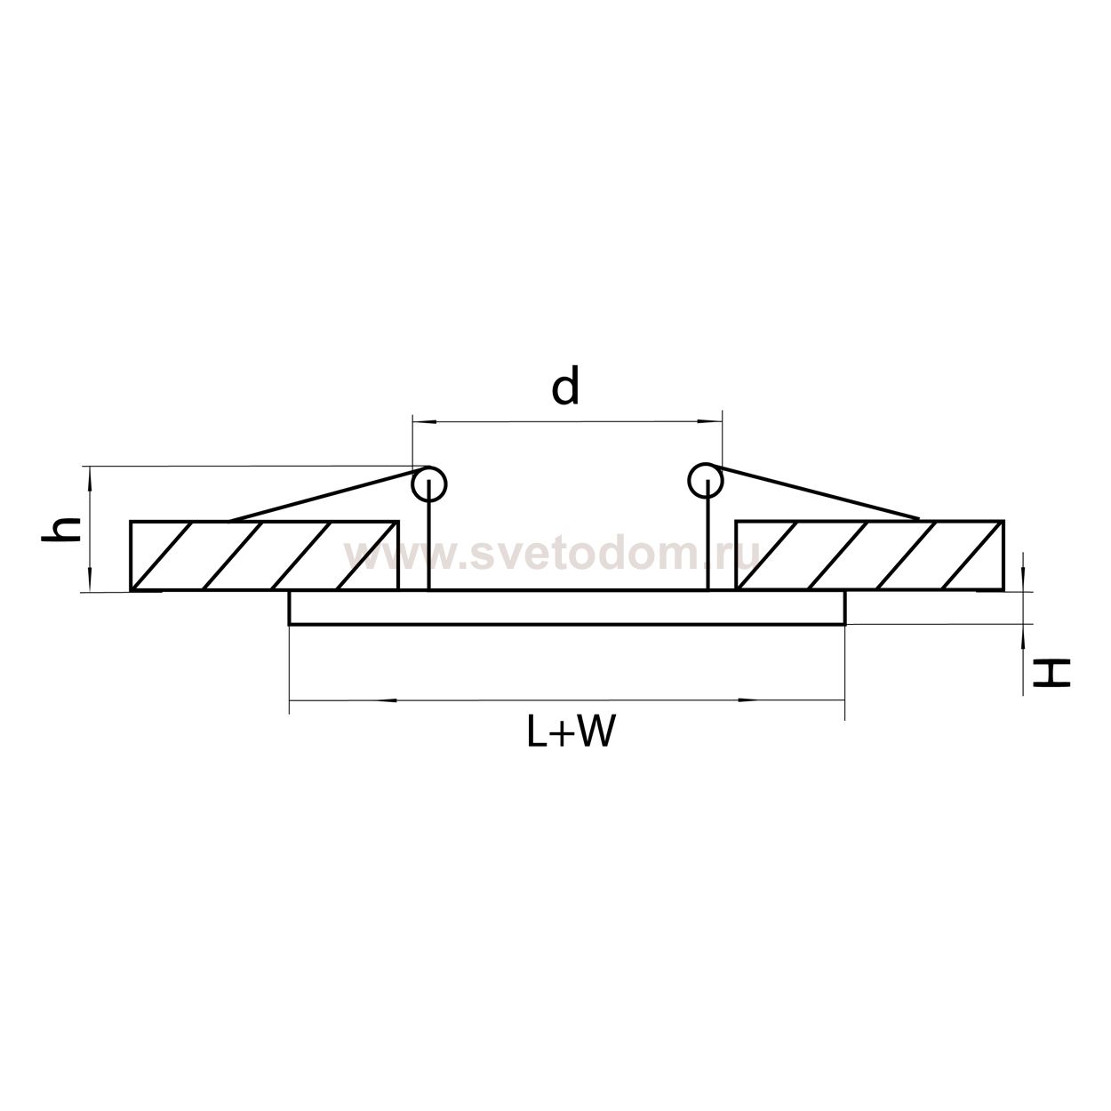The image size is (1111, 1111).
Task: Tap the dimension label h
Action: point(60,529)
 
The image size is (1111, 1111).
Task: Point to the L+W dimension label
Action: point(568,731)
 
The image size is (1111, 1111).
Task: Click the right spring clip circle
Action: point(705,480)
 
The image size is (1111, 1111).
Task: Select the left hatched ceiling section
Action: point(264,555)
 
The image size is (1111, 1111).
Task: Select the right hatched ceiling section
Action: point(870,555)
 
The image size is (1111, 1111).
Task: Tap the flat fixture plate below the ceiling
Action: point(567,608)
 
